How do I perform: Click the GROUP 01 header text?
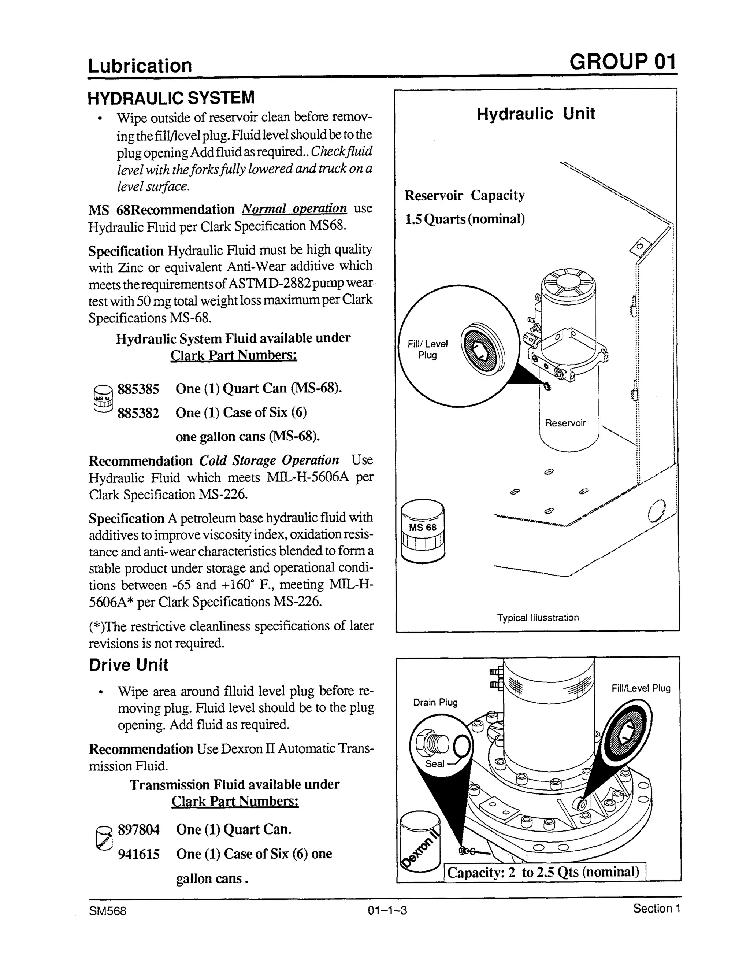point(622,62)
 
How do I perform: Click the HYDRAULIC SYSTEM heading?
point(171,98)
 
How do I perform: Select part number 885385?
point(138,389)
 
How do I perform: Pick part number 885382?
point(138,413)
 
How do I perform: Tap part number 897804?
point(139,830)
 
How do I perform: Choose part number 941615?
point(139,854)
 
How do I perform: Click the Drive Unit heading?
point(129,665)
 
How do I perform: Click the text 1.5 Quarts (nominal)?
point(465,219)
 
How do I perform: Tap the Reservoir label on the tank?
point(565,423)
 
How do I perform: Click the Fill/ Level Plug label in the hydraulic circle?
point(427,349)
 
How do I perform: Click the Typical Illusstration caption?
point(538,618)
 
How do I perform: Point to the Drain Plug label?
point(435,702)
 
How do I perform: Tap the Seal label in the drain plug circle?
point(434,764)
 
